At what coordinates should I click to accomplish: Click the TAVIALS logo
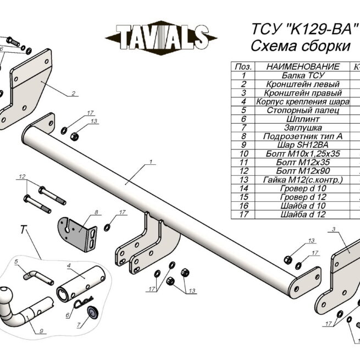(x=161, y=38)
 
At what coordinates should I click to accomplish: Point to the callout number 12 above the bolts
(x=22, y=177)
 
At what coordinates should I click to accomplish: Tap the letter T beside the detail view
(x=23, y=230)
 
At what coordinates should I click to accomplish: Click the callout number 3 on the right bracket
(x=334, y=229)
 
